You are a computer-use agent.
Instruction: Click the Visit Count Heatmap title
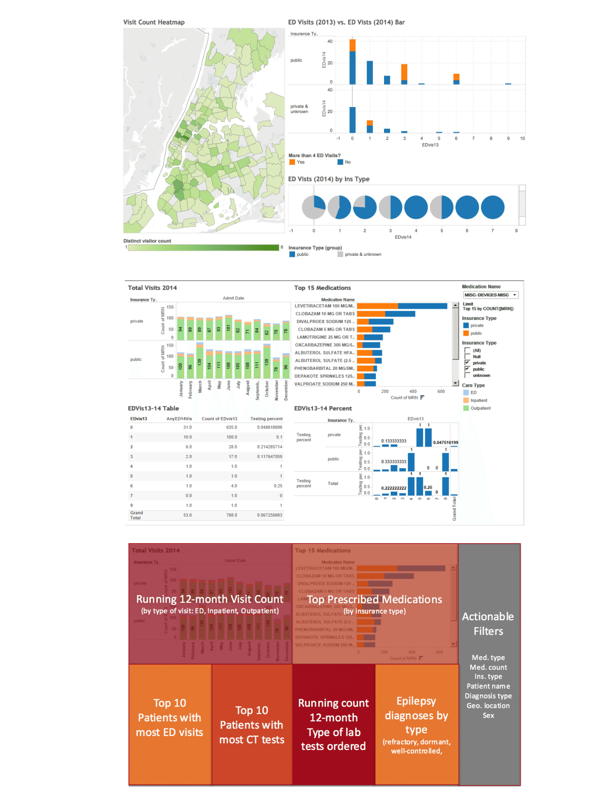154,22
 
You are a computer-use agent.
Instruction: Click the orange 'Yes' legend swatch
292,162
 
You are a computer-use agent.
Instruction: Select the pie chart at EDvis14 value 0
314,207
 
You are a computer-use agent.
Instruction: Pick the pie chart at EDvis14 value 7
493,207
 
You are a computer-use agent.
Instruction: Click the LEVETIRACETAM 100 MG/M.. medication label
325,306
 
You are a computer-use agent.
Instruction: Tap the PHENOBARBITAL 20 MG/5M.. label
325,368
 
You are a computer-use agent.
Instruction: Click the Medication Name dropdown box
490,295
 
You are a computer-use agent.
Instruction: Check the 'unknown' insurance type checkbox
468,375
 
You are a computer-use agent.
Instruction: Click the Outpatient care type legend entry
480,408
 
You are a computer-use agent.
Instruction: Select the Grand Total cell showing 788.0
231,515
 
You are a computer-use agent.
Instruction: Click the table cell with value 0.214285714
269,447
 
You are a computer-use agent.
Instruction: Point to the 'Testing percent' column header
266,419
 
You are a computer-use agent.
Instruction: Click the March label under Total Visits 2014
200,387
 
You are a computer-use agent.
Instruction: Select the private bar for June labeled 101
228,328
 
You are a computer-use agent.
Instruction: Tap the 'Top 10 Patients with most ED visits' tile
170,717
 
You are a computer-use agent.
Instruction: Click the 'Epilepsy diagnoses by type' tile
416,716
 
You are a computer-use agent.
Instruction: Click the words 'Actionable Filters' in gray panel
488,624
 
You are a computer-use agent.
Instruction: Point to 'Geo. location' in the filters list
488,705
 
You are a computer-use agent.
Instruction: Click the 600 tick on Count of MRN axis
441,392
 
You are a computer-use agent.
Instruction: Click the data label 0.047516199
445,442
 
